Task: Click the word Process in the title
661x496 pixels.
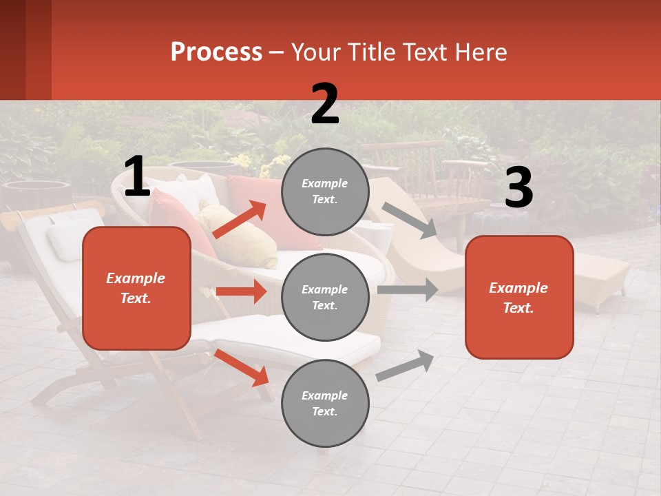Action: point(216,52)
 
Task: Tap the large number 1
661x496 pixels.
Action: point(137,177)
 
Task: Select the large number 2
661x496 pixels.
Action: point(325,104)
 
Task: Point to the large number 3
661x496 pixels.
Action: point(518,187)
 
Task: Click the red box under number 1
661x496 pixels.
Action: point(136,288)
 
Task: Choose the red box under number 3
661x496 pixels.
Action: point(519,297)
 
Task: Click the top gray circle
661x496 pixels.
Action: point(325,192)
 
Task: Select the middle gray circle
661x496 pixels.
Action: point(325,297)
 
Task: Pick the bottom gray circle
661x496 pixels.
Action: point(325,403)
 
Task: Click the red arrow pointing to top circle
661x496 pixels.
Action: point(240,220)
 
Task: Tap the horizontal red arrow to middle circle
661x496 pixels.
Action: point(241,291)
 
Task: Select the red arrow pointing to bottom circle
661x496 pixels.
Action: point(242,368)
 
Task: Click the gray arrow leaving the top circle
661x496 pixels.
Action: point(410,220)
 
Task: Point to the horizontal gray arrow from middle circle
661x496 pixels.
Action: point(407,290)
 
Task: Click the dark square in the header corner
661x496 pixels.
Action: point(12,50)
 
